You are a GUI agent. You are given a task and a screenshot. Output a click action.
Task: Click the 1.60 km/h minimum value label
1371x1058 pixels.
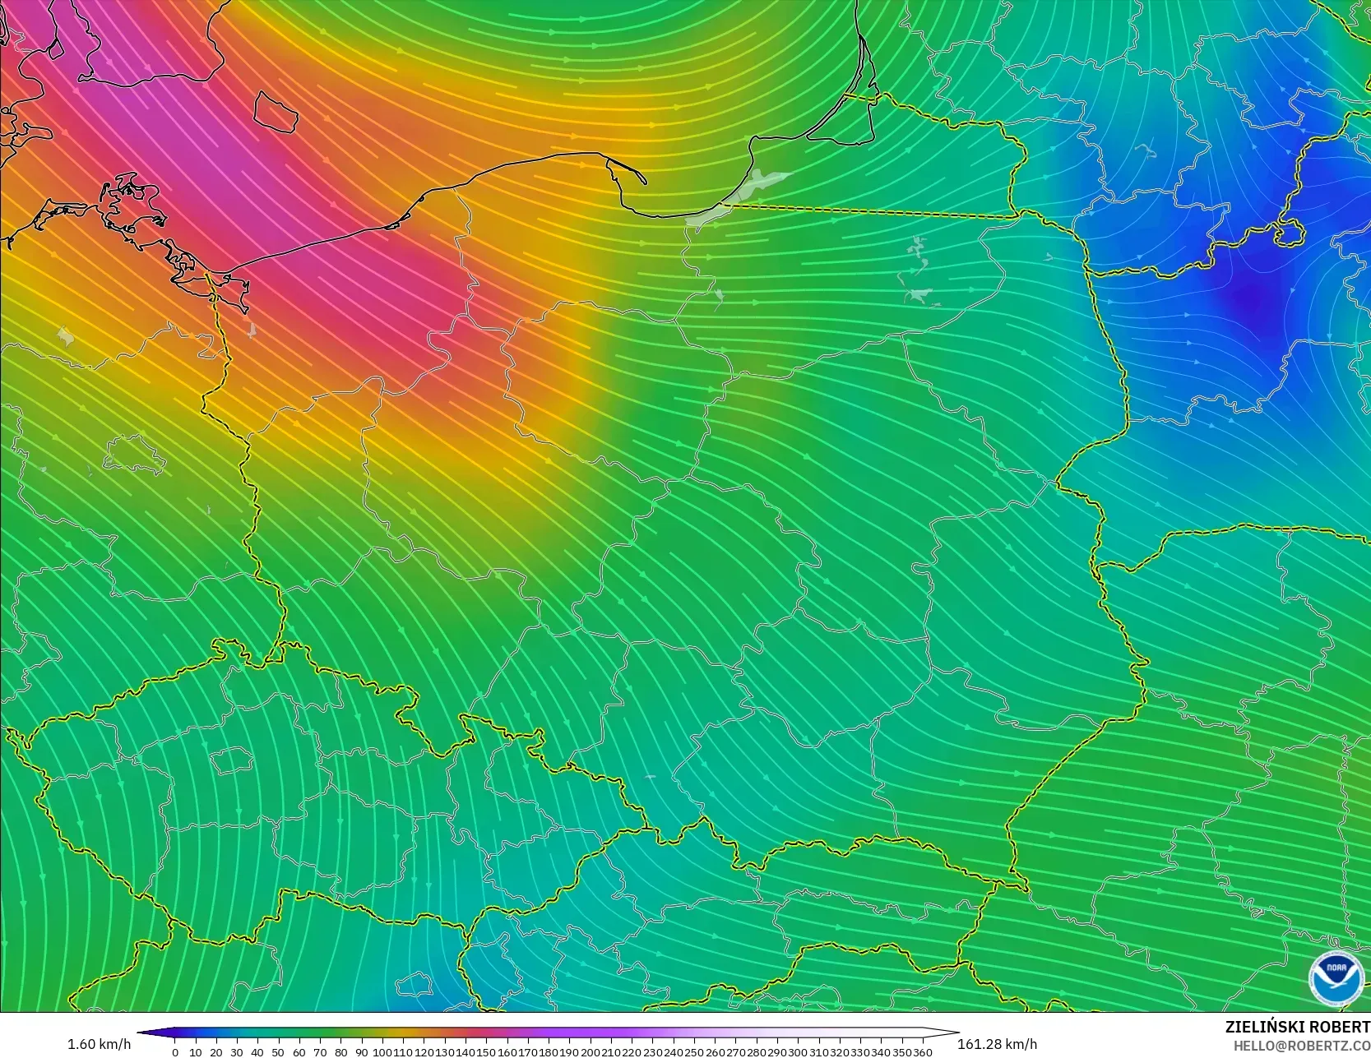click(99, 1044)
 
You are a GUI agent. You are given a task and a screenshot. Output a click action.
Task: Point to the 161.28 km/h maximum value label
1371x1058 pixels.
click(997, 1044)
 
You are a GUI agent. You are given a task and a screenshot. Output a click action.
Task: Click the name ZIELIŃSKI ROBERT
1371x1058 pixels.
click(1297, 1027)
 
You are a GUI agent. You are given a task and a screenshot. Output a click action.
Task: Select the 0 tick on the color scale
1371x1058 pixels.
click(175, 1052)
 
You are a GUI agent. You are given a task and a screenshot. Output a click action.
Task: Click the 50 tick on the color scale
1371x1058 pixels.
click(278, 1052)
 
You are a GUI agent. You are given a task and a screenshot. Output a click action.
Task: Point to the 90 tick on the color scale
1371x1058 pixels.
click(361, 1052)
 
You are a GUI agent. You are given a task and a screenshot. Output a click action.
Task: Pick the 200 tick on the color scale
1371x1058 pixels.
click(591, 1052)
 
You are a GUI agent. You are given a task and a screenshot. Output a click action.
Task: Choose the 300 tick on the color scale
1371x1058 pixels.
click(798, 1052)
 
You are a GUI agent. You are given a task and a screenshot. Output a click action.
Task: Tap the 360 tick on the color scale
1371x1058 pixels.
click(922, 1052)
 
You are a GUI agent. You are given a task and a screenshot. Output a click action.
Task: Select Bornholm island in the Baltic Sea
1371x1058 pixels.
click(275, 111)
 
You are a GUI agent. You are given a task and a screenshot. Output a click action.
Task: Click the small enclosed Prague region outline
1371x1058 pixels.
click(231, 760)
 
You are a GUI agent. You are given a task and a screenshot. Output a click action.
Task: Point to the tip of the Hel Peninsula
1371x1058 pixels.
click(644, 181)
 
